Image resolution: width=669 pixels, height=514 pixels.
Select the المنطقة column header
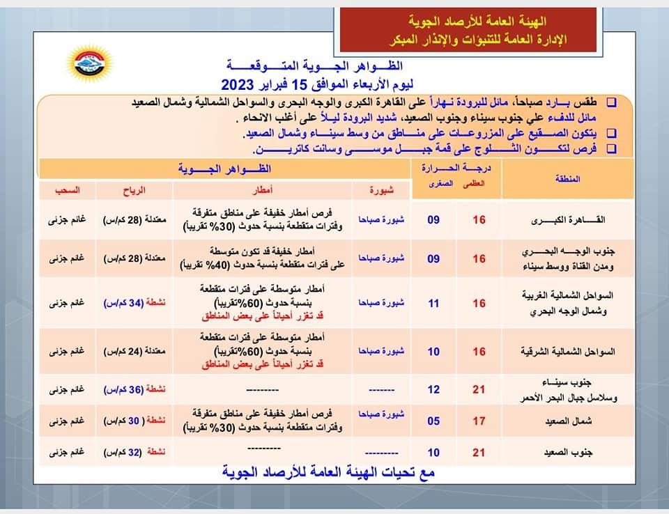[x=569, y=179]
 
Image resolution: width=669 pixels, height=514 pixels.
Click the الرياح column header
[x=132, y=190]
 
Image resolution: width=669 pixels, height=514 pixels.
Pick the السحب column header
[x=68, y=190]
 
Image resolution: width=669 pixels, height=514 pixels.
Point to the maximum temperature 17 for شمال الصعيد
[x=479, y=421]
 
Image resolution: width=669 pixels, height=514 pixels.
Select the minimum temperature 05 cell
[x=433, y=421]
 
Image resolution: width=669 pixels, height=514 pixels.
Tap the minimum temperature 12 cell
[x=433, y=388]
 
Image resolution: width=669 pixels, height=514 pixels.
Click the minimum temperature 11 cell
[x=433, y=304]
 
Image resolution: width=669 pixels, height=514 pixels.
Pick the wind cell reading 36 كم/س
[x=133, y=388]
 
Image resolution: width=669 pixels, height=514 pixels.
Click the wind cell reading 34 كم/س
[x=133, y=304]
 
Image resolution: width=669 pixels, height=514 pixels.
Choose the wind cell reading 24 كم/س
[x=133, y=352]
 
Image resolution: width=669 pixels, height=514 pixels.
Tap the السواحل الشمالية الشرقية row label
[x=568, y=352]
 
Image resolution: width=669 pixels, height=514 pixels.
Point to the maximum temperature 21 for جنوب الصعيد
[x=479, y=453]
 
